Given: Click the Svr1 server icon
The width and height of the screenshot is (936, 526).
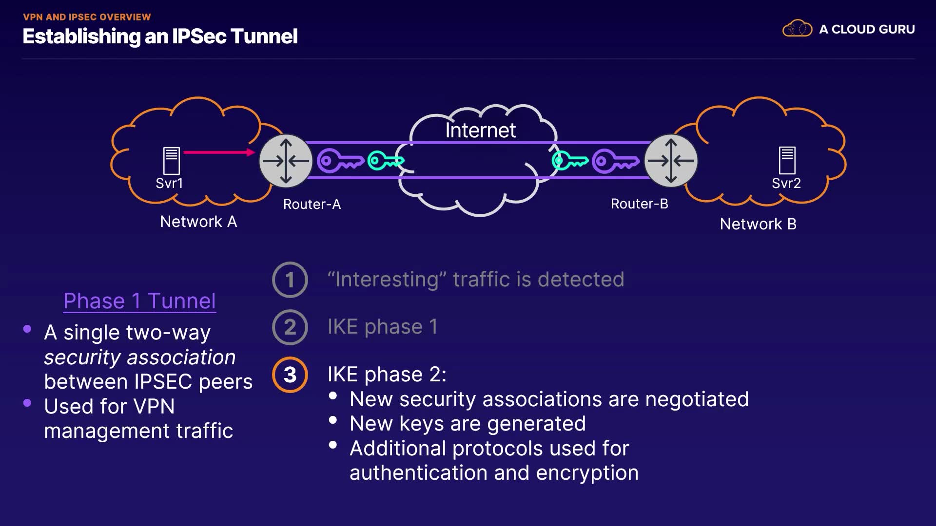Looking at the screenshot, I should [x=171, y=160].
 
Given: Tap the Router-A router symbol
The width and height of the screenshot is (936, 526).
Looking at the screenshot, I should [x=286, y=161].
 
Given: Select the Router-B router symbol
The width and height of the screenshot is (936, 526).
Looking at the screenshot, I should [x=671, y=161].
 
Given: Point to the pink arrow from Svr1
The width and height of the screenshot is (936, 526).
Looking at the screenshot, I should [x=219, y=152].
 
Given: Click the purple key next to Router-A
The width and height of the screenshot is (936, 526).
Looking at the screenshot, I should [x=340, y=161].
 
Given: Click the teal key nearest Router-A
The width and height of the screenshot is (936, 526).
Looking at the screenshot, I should [x=385, y=160].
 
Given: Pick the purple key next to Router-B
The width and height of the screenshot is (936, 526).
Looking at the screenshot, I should [x=615, y=161].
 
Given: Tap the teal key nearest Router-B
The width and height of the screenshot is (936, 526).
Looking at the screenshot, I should [x=569, y=160].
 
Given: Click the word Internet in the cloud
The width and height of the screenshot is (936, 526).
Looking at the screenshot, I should [x=480, y=131].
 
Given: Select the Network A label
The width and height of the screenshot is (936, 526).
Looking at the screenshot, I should [x=198, y=222].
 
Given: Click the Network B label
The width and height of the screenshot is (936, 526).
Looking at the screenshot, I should [x=758, y=224].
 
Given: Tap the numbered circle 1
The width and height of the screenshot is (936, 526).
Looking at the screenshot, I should [x=290, y=280].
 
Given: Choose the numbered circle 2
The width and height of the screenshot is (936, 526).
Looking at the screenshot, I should [x=290, y=327].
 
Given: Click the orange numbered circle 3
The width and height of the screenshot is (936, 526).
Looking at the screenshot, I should [x=290, y=375].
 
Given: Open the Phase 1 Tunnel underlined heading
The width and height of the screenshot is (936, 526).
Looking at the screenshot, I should [x=139, y=301].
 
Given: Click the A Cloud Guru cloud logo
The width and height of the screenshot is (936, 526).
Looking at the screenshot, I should [x=797, y=29].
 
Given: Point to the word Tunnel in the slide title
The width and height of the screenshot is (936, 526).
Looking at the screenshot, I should [x=264, y=37].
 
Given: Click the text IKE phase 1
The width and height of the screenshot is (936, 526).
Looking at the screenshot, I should [x=383, y=327].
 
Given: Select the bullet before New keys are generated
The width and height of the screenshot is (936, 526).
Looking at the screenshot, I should [x=333, y=420].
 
